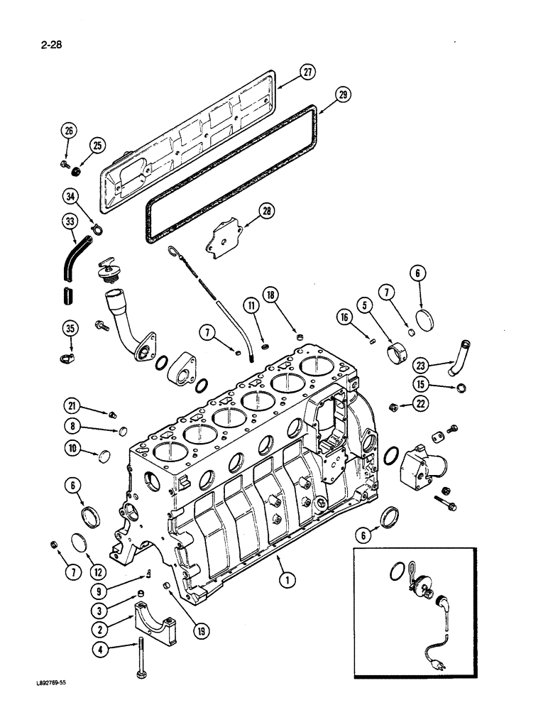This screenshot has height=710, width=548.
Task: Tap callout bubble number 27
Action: (x=307, y=71)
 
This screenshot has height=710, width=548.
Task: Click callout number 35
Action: (x=69, y=329)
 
